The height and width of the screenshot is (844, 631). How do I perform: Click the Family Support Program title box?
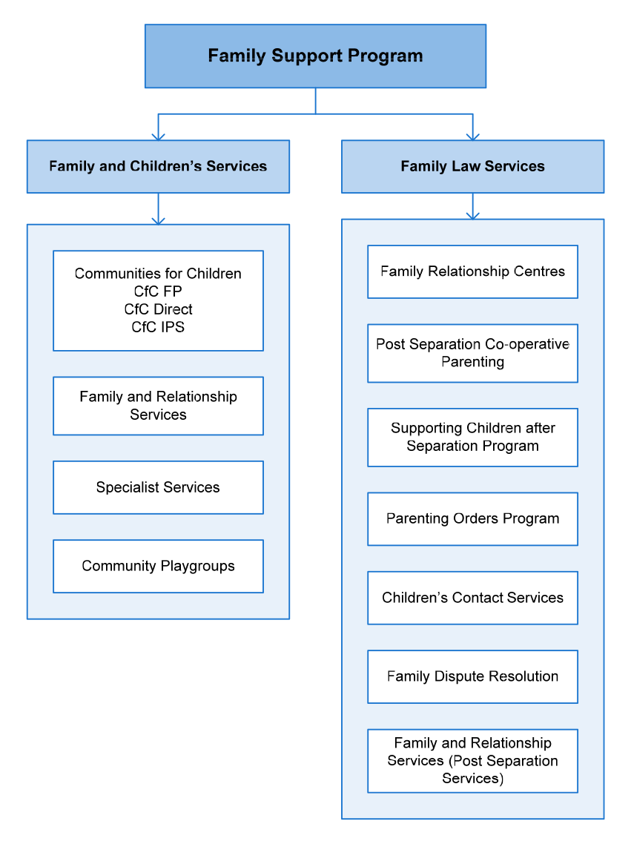click(315, 56)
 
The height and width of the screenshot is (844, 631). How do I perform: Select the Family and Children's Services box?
click(158, 166)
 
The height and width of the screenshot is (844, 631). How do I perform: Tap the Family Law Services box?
click(473, 166)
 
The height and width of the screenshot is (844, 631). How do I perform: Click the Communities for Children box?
click(158, 301)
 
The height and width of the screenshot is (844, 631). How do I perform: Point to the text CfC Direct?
click(158, 309)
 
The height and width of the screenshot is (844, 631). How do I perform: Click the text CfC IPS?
click(158, 327)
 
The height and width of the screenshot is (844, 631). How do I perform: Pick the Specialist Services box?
click(158, 488)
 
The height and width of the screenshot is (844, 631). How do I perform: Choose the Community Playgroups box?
click(158, 567)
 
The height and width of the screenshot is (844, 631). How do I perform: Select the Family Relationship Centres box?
click(473, 272)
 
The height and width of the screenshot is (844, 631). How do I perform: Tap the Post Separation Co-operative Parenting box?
click(473, 353)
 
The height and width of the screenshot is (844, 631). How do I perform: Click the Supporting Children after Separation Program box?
click(473, 438)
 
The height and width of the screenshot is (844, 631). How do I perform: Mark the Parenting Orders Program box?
click(473, 519)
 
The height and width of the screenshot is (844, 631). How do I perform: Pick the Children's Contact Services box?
click(473, 598)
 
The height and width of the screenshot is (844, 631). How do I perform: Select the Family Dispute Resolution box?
click(473, 676)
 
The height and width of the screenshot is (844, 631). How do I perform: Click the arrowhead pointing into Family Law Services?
click(473, 136)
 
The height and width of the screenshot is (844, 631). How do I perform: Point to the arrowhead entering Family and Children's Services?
click(158, 136)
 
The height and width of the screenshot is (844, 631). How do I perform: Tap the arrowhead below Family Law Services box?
click(473, 215)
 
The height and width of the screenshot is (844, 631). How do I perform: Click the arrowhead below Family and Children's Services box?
click(158, 221)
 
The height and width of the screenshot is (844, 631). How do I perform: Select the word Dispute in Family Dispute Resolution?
click(455, 677)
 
